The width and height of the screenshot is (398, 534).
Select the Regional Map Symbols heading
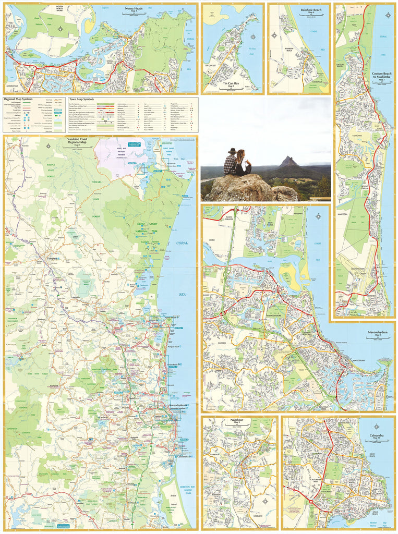click(18, 99)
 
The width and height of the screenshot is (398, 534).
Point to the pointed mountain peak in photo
click(288, 161)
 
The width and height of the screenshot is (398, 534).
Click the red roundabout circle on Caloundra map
click(310, 502)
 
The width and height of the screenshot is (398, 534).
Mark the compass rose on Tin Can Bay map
click(253, 38)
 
